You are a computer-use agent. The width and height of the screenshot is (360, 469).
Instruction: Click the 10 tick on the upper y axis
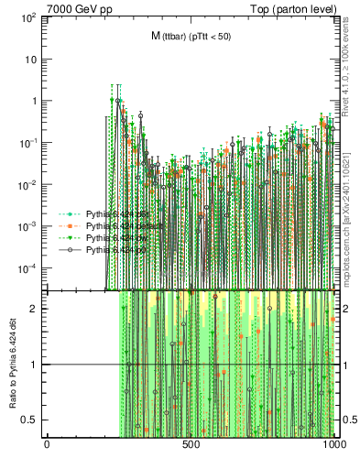[x=31, y=60]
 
